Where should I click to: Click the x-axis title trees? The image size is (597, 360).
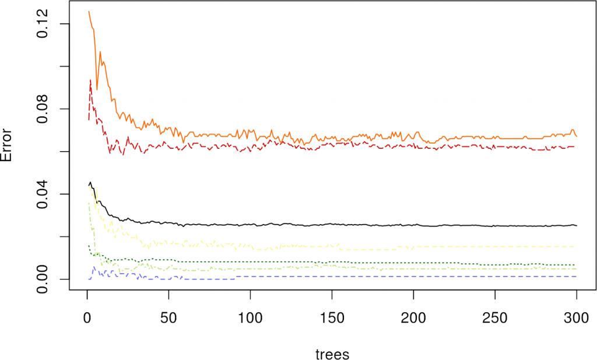pyautogui.click(x=332, y=354)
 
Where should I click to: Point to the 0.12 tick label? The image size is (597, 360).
pyautogui.click(x=44, y=24)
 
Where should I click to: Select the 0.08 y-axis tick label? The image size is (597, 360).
pyautogui.click(x=44, y=109)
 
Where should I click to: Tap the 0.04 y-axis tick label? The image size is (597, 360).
pyautogui.click(x=44, y=194)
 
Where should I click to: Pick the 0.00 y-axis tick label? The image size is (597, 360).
pyautogui.click(x=44, y=279)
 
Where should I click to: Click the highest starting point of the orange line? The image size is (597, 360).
pyautogui.click(x=89, y=12)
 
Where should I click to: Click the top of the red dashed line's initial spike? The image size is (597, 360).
pyautogui.click(x=90, y=80)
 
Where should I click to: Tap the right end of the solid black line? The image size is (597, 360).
pyautogui.click(x=576, y=225)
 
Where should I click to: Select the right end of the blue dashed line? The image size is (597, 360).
pyautogui.click(x=576, y=276)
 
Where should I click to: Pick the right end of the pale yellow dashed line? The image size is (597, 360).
pyautogui.click(x=576, y=246)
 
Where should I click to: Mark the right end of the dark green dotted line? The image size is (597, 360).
pyautogui.click(x=576, y=265)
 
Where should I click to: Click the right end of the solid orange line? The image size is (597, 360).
pyautogui.click(x=576, y=136)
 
